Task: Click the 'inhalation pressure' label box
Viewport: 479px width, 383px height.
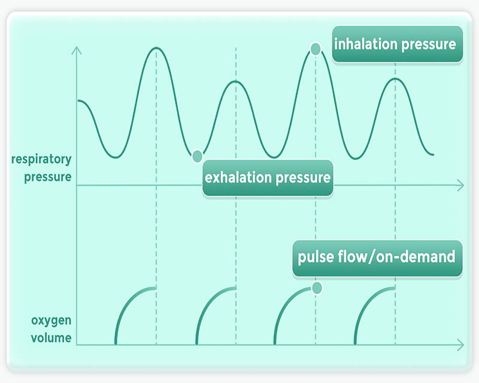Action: [398, 44]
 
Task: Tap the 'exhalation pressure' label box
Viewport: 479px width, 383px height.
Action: [268, 178]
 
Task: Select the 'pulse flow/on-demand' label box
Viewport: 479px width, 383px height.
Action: [377, 258]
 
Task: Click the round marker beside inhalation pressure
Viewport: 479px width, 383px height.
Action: [316, 49]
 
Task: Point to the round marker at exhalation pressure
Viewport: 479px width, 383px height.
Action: [198, 156]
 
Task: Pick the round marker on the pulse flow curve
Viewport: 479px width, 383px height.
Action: [317, 288]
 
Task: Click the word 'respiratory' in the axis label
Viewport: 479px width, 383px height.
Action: [41, 159]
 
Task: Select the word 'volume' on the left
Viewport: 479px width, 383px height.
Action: [51, 338]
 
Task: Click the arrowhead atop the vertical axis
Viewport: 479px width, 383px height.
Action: [77, 50]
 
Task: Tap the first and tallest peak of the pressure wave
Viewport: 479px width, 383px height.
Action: [156, 48]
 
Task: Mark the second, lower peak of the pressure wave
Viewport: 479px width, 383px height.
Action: [235, 81]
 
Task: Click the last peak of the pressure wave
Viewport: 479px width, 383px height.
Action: [395, 79]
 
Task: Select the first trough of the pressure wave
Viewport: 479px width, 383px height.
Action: [116, 157]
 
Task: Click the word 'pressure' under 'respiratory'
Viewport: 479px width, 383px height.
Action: [48, 177]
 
